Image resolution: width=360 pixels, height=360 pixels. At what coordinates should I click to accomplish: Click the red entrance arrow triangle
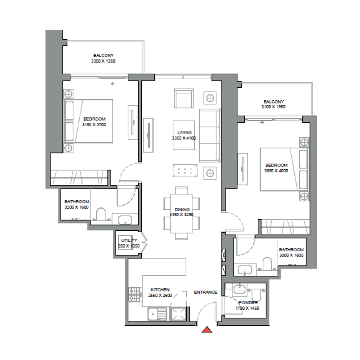coord(207,330)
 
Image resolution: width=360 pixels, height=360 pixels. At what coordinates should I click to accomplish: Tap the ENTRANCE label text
coord(206,292)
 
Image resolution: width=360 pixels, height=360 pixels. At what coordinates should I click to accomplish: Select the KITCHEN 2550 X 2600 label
coord(160,292)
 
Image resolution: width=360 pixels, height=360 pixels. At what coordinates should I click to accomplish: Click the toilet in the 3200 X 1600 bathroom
coord(100,215)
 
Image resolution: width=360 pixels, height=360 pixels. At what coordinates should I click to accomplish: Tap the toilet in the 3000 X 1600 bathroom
coord(267,265)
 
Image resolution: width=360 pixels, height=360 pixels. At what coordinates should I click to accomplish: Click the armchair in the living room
coord(184,99)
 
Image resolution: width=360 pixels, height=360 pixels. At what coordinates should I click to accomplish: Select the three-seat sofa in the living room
coord(210,135)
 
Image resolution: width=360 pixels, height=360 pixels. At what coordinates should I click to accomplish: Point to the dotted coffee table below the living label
coord(186,171)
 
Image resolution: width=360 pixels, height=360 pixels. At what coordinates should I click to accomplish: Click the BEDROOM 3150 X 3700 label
coord(94,121)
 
